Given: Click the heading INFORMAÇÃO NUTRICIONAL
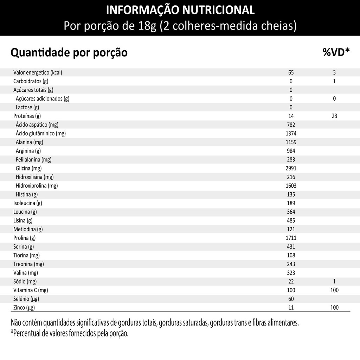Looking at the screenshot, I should [180, 10].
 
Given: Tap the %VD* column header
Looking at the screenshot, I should [336, 52].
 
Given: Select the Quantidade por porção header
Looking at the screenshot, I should [69, 53].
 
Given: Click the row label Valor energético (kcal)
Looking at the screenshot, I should [38, 73].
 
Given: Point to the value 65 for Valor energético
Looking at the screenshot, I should [291, 73].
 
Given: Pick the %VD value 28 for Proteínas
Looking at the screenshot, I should [334, 116].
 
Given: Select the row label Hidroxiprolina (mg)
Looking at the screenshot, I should [37, 186].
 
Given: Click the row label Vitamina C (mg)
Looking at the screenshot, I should [31, 290].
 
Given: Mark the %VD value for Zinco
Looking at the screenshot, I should [334, 308].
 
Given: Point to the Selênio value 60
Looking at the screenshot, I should [291, 299].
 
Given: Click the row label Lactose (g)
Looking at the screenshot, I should [27, 107].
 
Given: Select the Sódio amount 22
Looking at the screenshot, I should [291, 281].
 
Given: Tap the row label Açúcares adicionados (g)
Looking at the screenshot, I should [42, 99].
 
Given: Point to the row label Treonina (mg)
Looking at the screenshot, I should [28, 264].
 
